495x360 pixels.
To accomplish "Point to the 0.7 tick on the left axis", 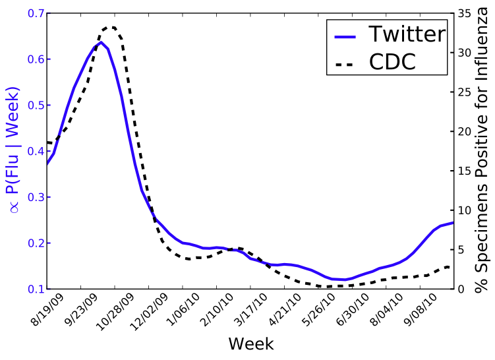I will [x=33, y=13].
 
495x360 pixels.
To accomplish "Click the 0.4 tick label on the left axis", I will [x=33, y=151].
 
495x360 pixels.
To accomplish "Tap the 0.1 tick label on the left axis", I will [x=33, y=289].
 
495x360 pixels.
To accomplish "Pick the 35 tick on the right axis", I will [x=464, y=13].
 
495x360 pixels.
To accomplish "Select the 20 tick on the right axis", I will [x=464, y=131].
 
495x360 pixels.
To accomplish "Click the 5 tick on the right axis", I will [x=461, y=249].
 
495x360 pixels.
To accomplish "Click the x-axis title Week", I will [x=250, y=344].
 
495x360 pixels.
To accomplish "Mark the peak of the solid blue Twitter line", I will [x=100, y=42].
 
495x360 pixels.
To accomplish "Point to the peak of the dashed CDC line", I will [x=110, y=27].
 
